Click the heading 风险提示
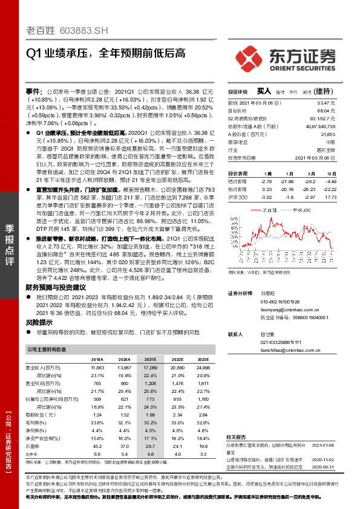39,323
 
